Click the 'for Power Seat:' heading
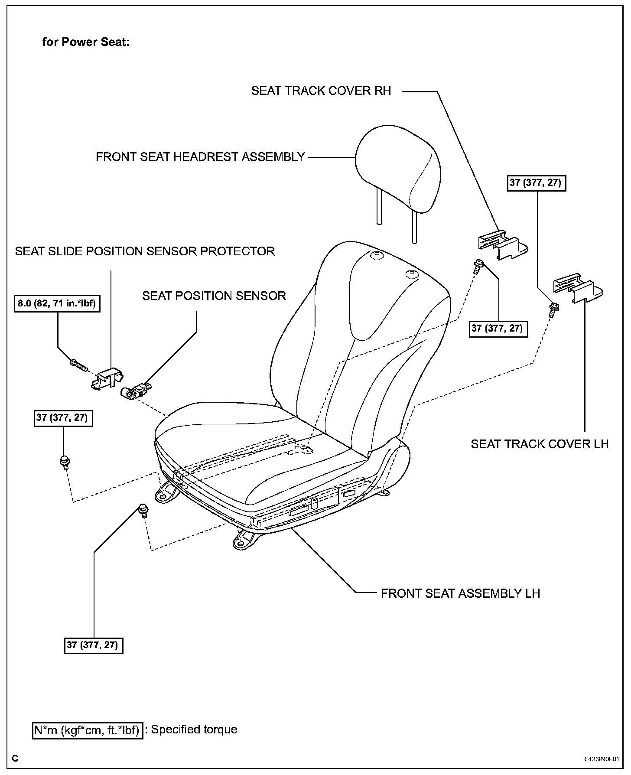86,42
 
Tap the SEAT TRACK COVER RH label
321,91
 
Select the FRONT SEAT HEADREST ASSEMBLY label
200,156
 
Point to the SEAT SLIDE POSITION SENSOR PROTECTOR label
145,251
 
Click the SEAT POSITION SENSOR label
214,296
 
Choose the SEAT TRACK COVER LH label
540,444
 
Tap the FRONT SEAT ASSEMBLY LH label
460,593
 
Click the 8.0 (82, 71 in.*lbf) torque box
57,303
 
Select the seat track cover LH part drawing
576,288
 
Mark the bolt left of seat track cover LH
553,309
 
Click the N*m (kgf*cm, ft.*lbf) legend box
88,730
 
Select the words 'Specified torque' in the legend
194,729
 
